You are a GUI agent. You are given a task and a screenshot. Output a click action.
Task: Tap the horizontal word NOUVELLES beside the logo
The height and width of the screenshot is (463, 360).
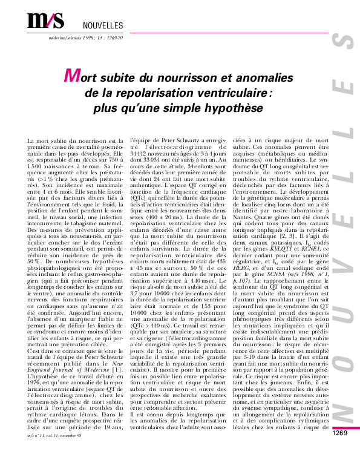(x=102, y=25)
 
